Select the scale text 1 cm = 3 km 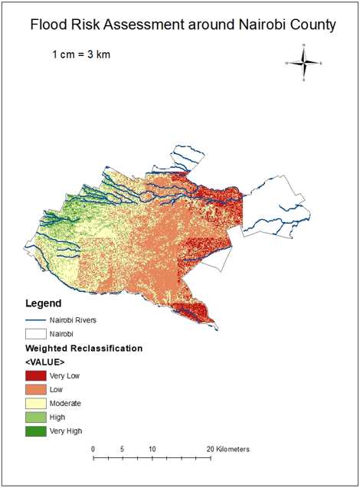point(84,55)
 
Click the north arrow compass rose point(304,63)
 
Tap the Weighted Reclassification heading point(84,348)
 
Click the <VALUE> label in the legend point(45,361)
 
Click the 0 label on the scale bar point(93,449)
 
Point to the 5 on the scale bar point(123,449)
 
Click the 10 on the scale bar point(152,449)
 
